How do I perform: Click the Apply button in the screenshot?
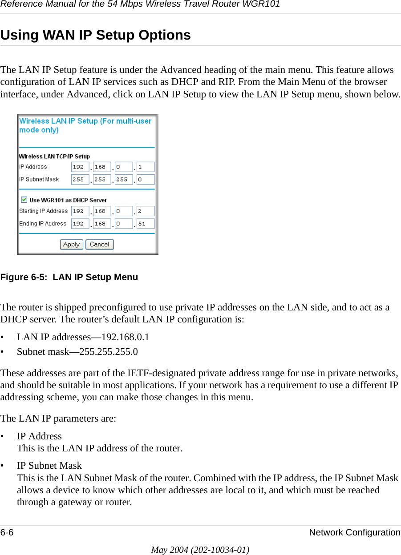coord(71,245)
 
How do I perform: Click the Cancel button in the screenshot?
coord(99,245)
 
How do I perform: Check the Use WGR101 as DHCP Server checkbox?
coord(24,200)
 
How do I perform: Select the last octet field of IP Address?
coord(146,167)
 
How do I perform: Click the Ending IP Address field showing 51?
coord(146,224)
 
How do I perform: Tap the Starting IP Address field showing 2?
coord(146,211)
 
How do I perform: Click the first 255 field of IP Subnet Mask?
coord(80,180)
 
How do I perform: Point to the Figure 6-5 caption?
coord(69,277)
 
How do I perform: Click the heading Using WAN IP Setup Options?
coord(96,35)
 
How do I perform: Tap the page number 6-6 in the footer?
coord(7,532)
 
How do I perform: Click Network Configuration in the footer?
coord(355,532)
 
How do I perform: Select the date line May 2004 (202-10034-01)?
coord(200,550)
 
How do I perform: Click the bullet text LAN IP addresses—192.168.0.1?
coord(83,337)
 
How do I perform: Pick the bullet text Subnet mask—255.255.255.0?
coord(77,352)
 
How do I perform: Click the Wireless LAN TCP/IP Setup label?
coord(54,157)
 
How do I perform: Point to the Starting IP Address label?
coord(43,211)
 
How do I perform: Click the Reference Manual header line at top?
coord(140,4)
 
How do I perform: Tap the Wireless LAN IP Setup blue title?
coord(85,125)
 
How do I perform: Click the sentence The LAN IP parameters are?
coord(58,418)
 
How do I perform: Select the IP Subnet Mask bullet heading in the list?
coord(49,466)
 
